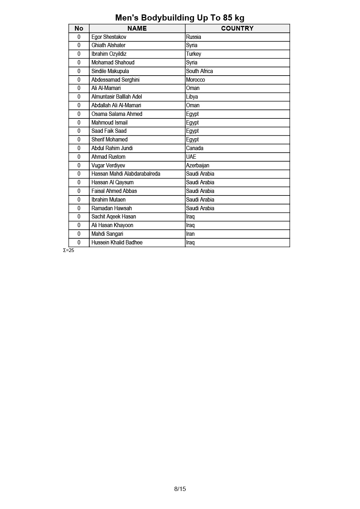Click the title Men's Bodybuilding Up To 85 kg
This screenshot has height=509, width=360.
(180, 18)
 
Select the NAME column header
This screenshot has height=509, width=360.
(137, 28)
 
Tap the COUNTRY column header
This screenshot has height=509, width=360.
(237, 28)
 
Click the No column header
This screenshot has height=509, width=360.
(79, 28)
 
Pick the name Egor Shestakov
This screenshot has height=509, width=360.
(109, 37)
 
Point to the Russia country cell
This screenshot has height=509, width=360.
(194, 37)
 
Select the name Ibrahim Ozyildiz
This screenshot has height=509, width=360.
(109, 54)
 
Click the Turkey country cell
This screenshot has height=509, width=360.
(194, 54)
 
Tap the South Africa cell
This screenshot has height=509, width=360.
(199, 71)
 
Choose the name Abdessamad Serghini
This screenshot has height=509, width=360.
(115, 80)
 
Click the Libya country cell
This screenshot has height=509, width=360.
(192, 97)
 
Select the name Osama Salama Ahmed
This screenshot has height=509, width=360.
(117, 114)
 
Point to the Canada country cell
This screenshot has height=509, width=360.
(195, 148)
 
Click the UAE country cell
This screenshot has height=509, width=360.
(191, 157)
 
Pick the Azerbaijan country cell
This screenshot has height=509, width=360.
(198, 166)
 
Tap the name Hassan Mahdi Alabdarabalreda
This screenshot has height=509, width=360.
(126, 174)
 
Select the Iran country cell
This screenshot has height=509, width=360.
(190, 234)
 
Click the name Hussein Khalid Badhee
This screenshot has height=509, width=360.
(117, 243)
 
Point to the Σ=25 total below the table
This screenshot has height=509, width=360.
(68, 251)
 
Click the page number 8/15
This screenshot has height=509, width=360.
(180, 489)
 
